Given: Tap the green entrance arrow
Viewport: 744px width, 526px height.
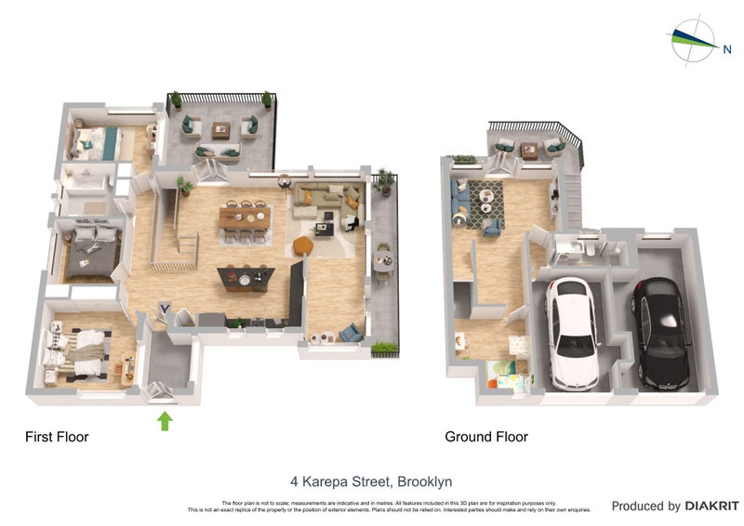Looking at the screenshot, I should (165, 421).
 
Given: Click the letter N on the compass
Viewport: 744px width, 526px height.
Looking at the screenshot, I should (726, 50).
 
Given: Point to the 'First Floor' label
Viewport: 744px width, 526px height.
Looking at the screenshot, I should (57, 437).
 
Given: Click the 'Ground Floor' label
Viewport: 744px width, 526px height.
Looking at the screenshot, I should (485, 437).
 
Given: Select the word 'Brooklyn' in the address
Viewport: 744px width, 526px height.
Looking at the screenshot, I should (424, 481).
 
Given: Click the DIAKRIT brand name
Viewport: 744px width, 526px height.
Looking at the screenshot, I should (711, 506).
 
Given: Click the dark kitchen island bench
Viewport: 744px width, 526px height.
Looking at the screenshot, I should (246, 277).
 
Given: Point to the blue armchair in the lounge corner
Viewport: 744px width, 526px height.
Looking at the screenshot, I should (351, 332).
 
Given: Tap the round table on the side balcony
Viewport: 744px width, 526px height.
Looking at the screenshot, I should (383, 261).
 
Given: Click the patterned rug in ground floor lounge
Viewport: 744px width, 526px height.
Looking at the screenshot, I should (484, 204).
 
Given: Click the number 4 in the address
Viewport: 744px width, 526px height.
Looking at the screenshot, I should (294, 481).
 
